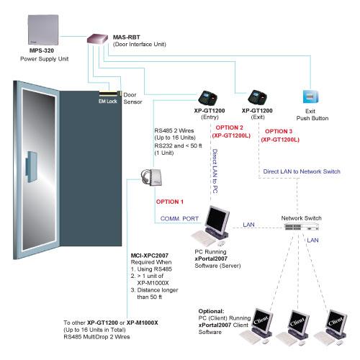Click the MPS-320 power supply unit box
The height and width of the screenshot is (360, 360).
tap(43, 30)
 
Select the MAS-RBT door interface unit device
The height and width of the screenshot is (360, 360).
tap(97, 39)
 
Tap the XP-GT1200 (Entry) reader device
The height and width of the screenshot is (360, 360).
tap(208, 98)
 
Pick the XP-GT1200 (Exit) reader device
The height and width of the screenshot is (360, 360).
tap(257, 97)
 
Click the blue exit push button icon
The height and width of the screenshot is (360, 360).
tap(311, 96)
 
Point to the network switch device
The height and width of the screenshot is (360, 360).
tap(302, 226)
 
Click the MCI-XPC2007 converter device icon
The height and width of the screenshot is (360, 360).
tap(152, 177)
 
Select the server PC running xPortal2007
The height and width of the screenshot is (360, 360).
tap(211, 225)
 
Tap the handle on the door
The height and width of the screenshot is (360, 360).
tap(31, 167)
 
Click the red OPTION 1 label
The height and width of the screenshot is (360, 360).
tap(170, 202)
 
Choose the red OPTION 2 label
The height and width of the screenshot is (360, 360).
tap(229, 127)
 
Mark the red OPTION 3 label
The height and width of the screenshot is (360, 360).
tap(279, 131)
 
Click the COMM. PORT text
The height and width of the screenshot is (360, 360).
tap(179, 219)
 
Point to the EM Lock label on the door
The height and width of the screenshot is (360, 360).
tap(108, 102)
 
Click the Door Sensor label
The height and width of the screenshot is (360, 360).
tap(132, 99)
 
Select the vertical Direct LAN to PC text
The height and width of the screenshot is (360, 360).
tap(215, 171)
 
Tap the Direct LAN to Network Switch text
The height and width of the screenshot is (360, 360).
tap(302, 171)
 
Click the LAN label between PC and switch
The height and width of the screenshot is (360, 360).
tap(248, 225)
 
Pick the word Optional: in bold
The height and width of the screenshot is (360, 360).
tap(211, 311)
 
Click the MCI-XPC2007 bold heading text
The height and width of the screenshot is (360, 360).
tap(150, 256)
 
